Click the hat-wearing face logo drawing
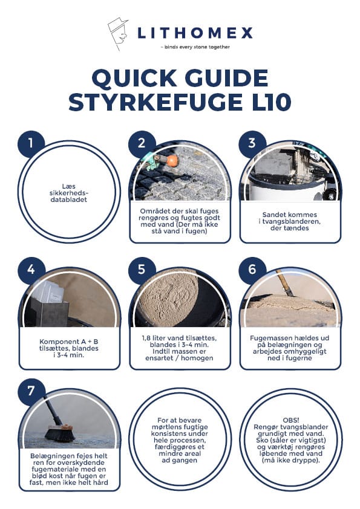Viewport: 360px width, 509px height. [117, 33]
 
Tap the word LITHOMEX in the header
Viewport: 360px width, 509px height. [195, 33]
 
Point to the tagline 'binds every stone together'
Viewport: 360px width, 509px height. [197, 47]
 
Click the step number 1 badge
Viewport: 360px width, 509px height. [31, 143]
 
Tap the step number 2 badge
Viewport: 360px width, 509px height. [142, 143]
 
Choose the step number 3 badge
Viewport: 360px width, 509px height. [252, 143]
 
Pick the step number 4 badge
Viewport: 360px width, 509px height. [31, 270]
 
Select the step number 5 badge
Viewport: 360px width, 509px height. [142, 270]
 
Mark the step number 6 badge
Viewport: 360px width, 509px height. [252, 270]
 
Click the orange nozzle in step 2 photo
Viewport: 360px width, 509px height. [172, 160]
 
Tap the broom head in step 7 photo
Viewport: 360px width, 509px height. [60, 433]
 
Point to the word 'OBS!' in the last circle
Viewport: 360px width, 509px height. [290, 420]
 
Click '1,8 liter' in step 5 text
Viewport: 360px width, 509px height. [155, 338]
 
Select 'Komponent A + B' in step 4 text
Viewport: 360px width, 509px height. [69, 342]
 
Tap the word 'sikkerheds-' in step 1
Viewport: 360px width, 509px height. [69, 193]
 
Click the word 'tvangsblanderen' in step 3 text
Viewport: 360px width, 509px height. [290, 221]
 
